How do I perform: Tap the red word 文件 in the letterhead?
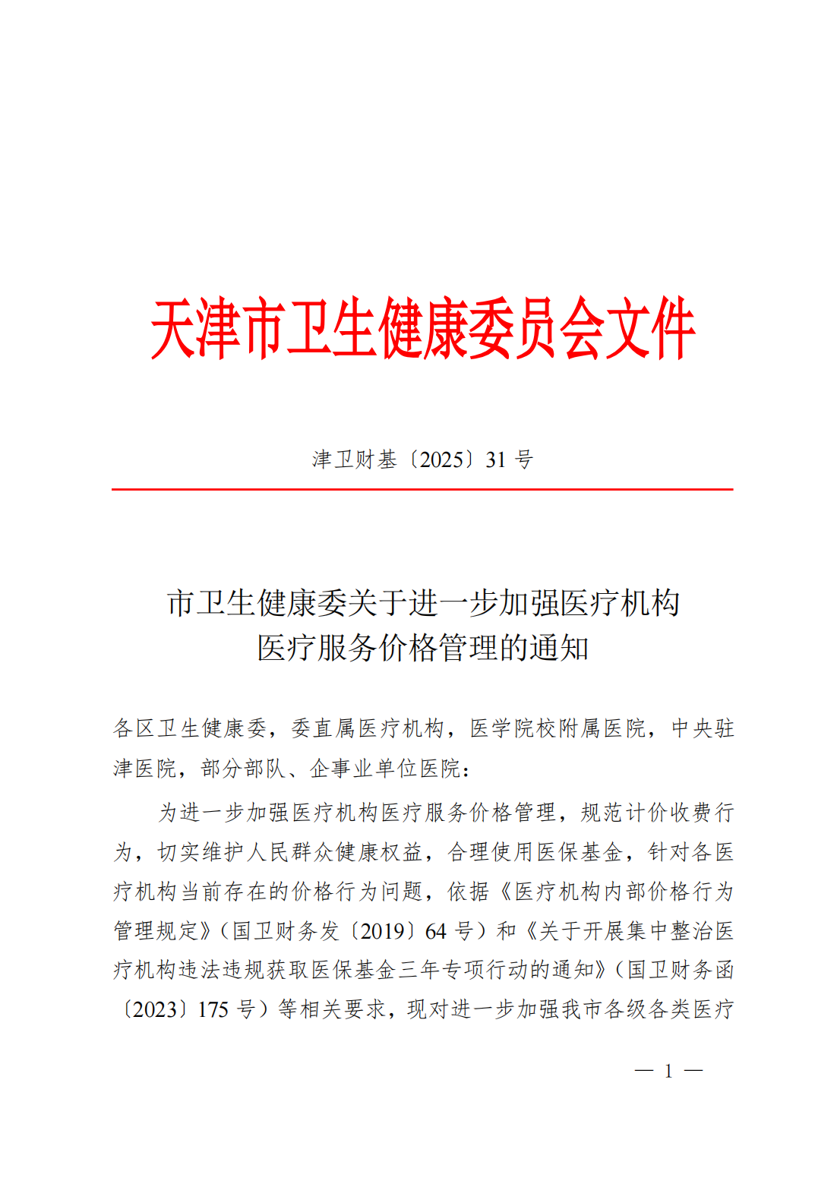650,328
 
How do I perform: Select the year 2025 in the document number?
441,459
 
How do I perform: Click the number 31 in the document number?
495,459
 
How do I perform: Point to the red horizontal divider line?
422,490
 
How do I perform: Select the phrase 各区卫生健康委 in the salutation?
190,728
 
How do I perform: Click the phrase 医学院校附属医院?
557,728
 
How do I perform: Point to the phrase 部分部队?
245,769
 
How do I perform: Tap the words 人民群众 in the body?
292,852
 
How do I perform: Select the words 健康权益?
380,852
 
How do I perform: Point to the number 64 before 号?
435,931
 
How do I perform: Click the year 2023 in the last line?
156,1010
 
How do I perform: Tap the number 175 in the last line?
213,1010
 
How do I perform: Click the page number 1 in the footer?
668,1071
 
